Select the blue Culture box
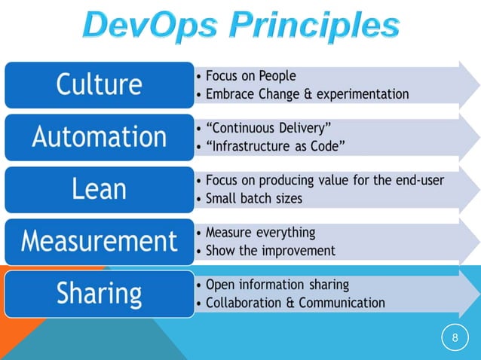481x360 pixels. click(x=98, y=84)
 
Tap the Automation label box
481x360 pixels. click(x=98, y=137)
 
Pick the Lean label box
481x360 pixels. click(x=98, y=189)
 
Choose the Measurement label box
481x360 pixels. click(x=98, y=241)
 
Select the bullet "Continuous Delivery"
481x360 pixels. click(x=268, y=128)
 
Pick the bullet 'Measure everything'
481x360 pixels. click(x=260, y=233)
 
